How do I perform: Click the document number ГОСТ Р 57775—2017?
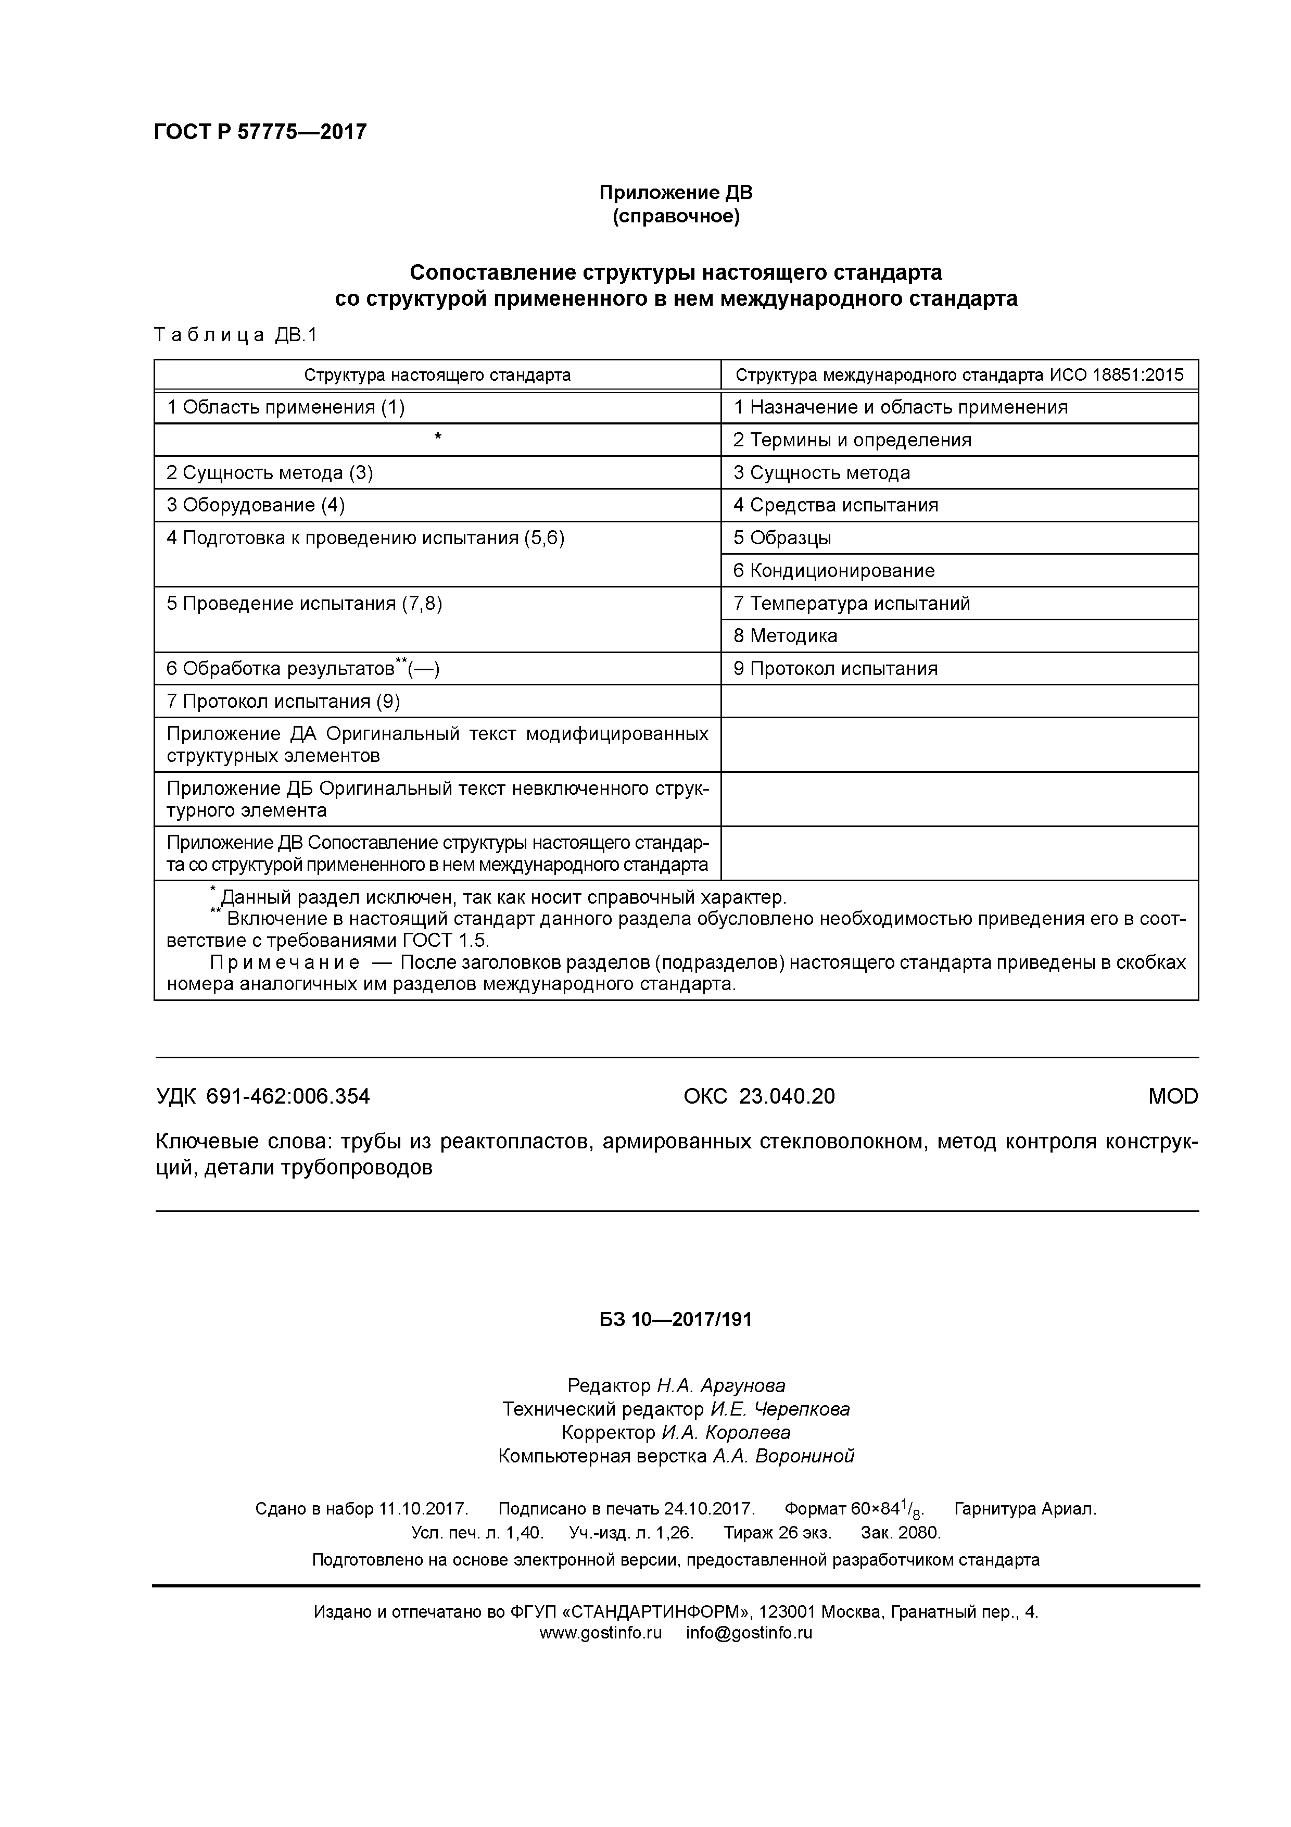point(260,132)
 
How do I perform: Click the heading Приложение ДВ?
point(675,193)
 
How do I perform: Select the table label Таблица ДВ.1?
point(235,335)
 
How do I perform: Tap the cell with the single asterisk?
point(437,439)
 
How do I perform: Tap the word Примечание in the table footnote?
point(284,963)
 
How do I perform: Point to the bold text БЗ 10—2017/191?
point(675,1320)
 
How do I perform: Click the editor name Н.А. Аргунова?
point(720,1385)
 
